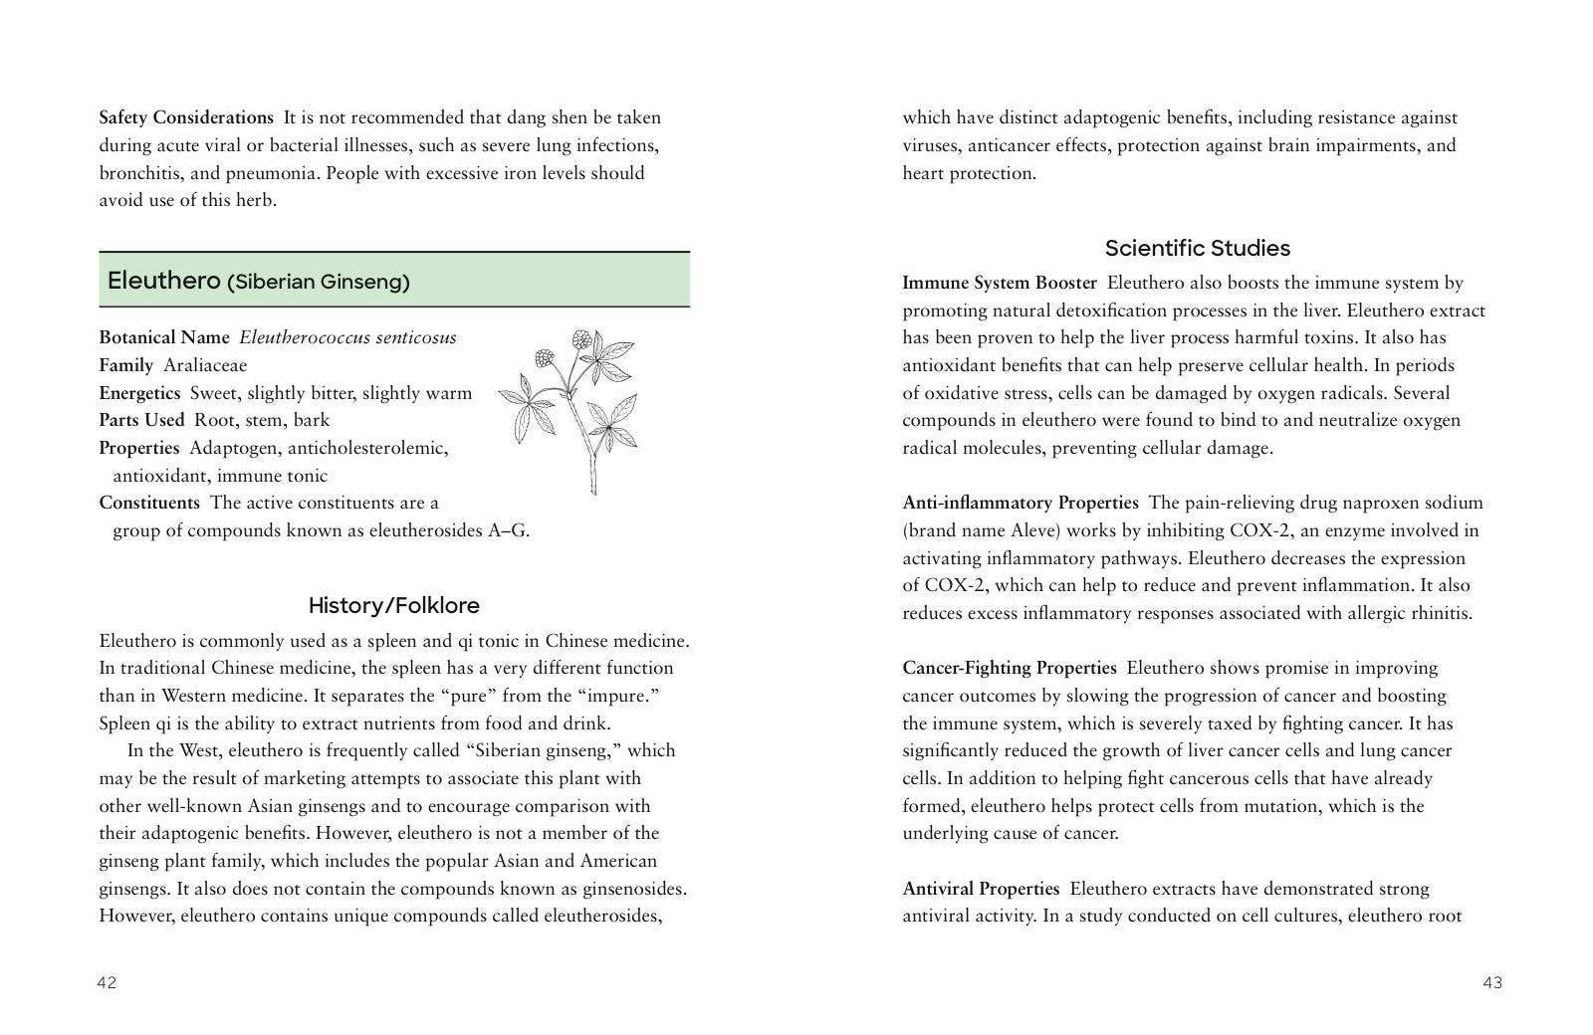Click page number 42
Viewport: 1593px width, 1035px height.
click(x=107, y=983)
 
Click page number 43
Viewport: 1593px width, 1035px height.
click(x=1491, y=983)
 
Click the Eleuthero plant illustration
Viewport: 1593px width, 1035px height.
click(x=569, y=410)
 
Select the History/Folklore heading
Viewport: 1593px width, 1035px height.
click(x=393, y=605)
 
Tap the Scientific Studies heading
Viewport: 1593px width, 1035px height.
click(x=1197, y=248)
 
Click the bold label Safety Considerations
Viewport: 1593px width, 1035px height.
click(x=186, y=117)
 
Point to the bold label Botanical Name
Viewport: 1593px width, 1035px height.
click(x=163, y=337)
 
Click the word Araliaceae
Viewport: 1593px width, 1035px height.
click(x=205, y=365)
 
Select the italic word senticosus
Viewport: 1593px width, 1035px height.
click(x=411, y=337)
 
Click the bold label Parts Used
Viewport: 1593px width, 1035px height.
click(x=141, y=420)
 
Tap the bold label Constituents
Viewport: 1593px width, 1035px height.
click(x=149, y=503)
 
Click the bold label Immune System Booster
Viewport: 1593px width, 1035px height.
click(x=999, y=283)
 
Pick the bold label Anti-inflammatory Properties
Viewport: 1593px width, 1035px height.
click(x=1020, y=503)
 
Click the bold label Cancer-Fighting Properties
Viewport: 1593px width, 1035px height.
click(x=1009, y=668)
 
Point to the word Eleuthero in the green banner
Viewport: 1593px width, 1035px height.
click(x=163, y=281)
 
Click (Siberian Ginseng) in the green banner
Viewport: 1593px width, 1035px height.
click(x=319, y=282)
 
